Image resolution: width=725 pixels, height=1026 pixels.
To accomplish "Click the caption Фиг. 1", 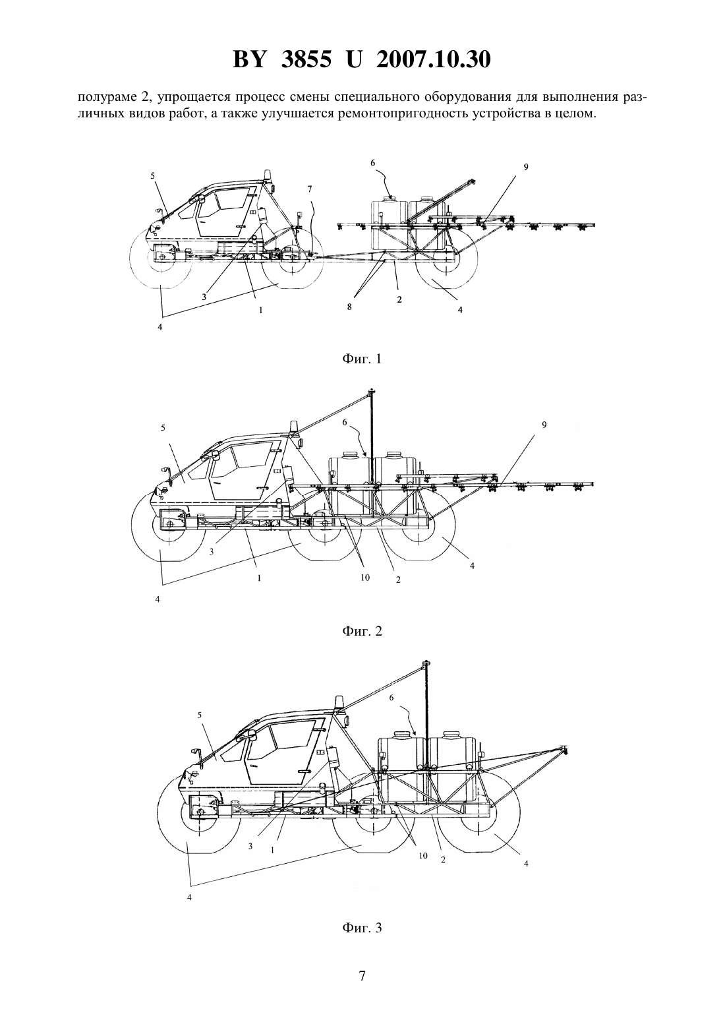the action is [x=362, y=359].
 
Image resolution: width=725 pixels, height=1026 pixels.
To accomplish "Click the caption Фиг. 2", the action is [x=362, y=631].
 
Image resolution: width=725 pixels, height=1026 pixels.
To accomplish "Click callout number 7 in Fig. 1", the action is [x=309, y=189].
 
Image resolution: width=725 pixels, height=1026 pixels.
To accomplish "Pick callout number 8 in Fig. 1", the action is [x=349, y=307].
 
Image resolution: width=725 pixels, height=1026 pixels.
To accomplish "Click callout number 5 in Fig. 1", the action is [x=152, y=175].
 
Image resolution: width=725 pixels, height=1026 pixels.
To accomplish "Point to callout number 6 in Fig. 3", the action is [x=391, y=698].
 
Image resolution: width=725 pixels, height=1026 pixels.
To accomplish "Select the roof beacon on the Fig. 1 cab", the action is [x=268, y=176].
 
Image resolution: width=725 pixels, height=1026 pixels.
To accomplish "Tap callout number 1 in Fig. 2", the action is [x=259, y=578].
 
